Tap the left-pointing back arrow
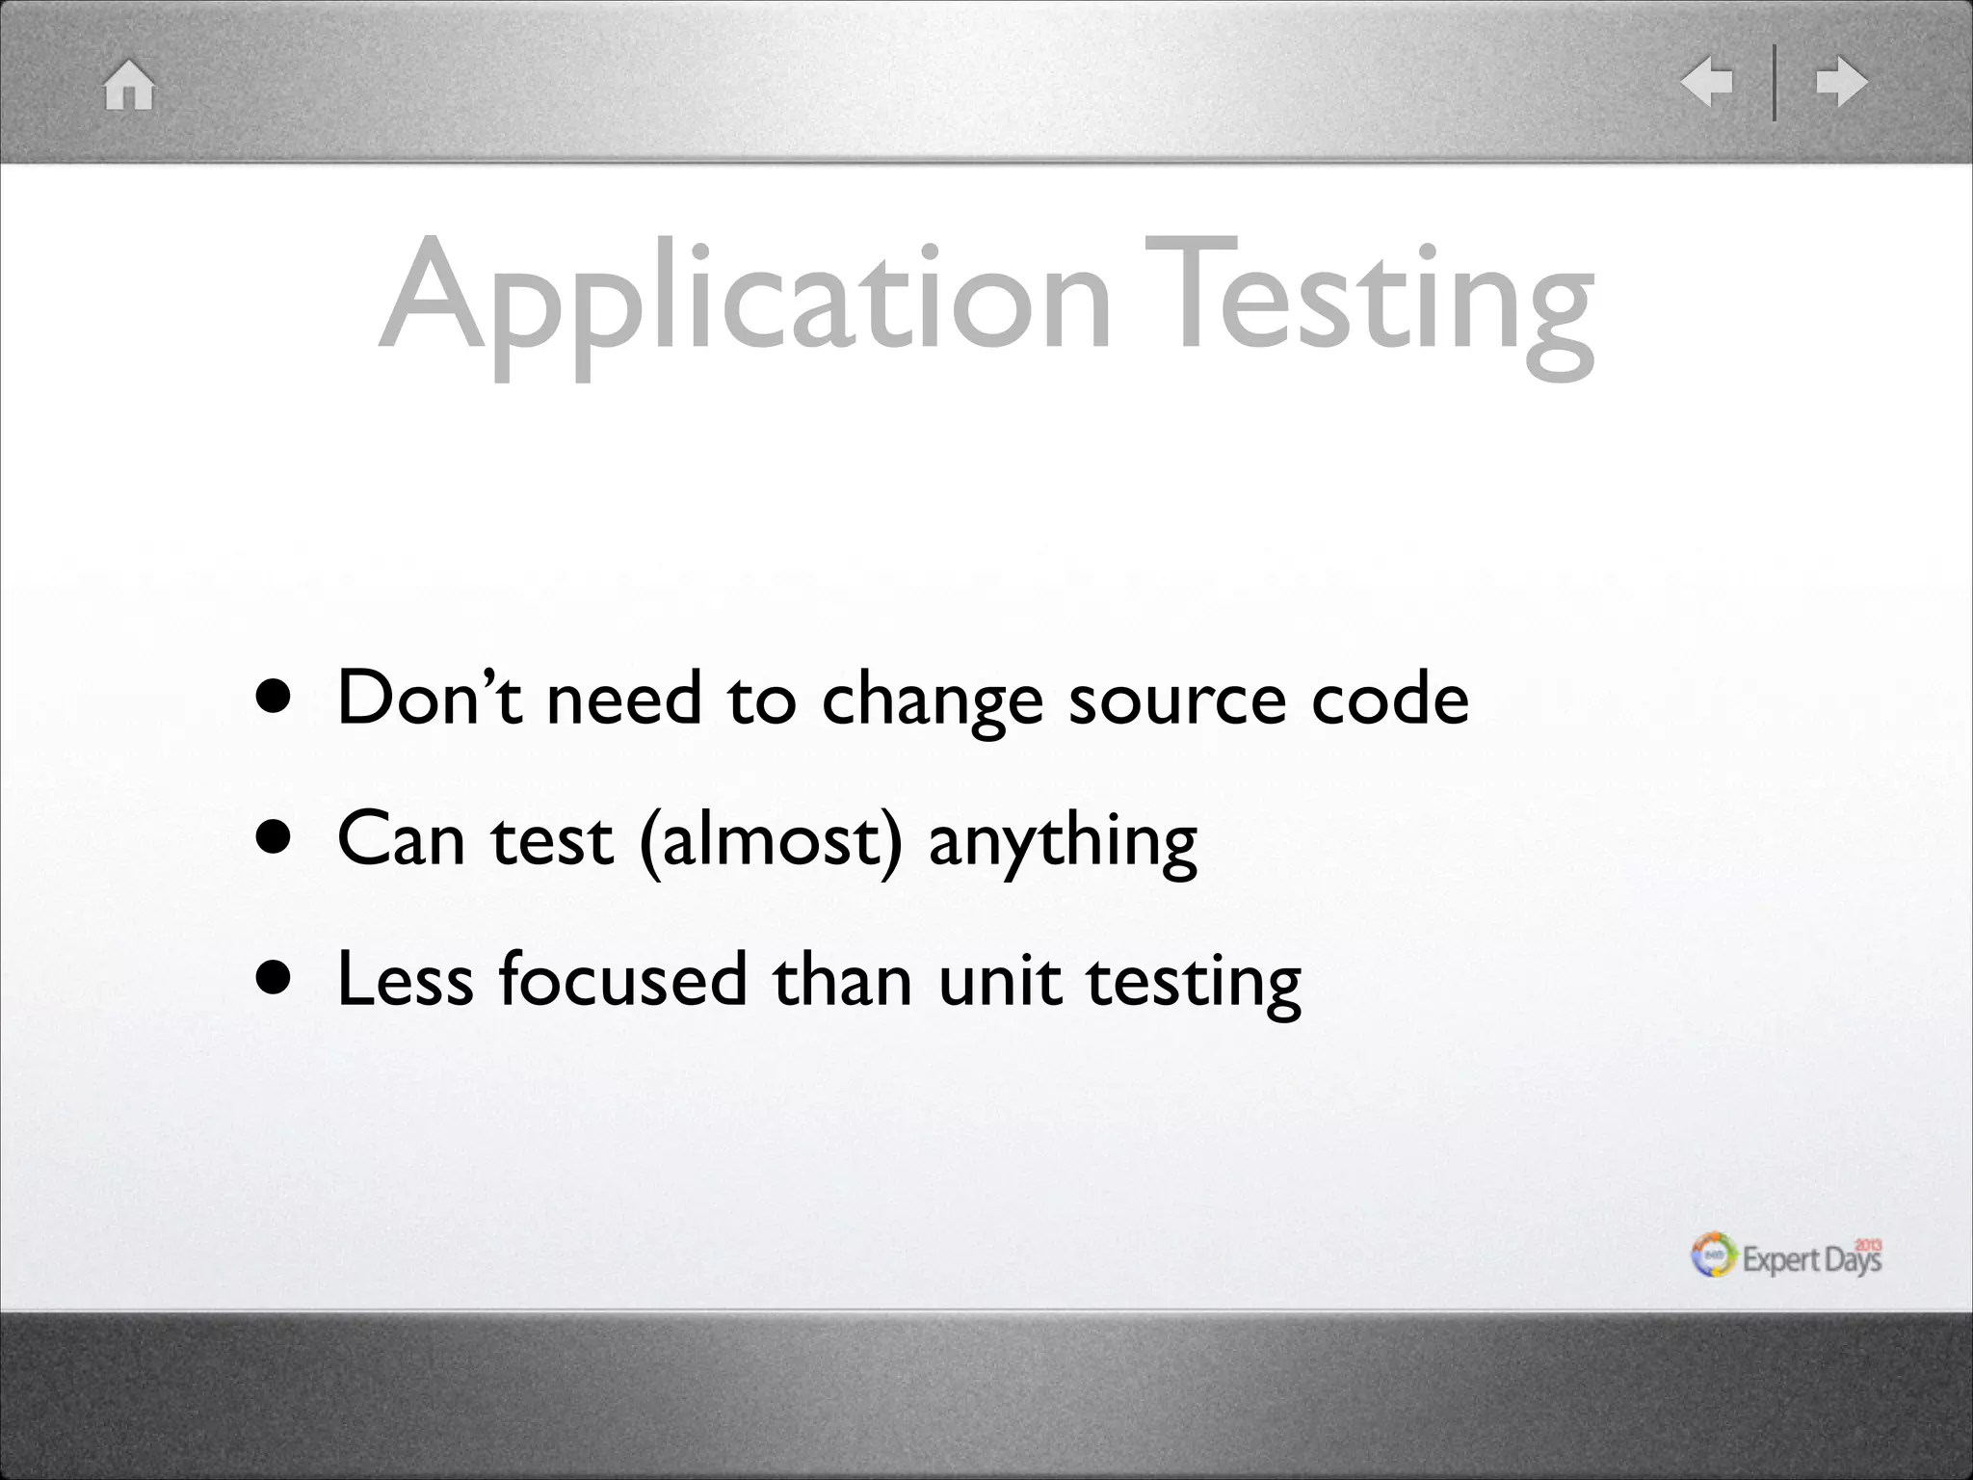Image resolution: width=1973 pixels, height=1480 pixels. pos(1706,82)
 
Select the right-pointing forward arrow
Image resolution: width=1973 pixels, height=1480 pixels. pos(1841,82)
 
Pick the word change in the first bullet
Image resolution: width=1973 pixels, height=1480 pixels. pos(932,700)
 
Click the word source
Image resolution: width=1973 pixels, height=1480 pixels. pos(1176,700)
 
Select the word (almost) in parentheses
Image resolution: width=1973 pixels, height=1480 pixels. pos(770,840)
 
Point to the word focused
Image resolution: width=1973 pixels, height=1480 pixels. pos(622,979)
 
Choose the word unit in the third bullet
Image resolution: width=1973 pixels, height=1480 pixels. pos(999,979)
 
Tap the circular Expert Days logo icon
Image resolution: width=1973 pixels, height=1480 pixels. pos(1714,1255)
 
